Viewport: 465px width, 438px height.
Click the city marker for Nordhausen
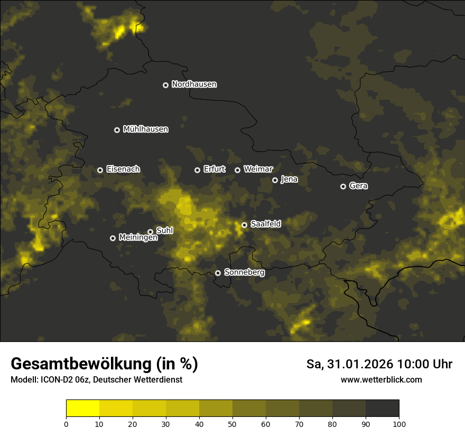pos(165,85)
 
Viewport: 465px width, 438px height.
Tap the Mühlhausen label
pos(145,129)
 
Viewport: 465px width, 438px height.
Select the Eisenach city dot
pos(100,170)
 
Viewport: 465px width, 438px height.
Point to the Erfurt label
pos(214,169)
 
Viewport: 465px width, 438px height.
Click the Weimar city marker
pos(237,170)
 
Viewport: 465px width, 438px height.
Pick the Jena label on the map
pos(289,179)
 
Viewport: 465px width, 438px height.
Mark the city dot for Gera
pos(343,186)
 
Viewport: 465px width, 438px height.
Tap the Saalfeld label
pos(265,224)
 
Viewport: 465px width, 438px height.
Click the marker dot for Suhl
pos(150,232)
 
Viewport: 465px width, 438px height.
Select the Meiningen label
pos(138,238)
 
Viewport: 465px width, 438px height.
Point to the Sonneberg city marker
pos(218,273)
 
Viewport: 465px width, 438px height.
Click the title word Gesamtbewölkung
pos(79,364)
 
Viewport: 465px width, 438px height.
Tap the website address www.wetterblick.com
pos(381,380)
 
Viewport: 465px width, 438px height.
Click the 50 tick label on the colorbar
pos(232,424)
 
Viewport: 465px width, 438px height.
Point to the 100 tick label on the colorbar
pos(399,424)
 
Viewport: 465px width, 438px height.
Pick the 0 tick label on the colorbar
pos(66,424)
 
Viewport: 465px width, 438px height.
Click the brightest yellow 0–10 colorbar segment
pos(82,408)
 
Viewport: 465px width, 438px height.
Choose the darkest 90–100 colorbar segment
pos(382,408)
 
